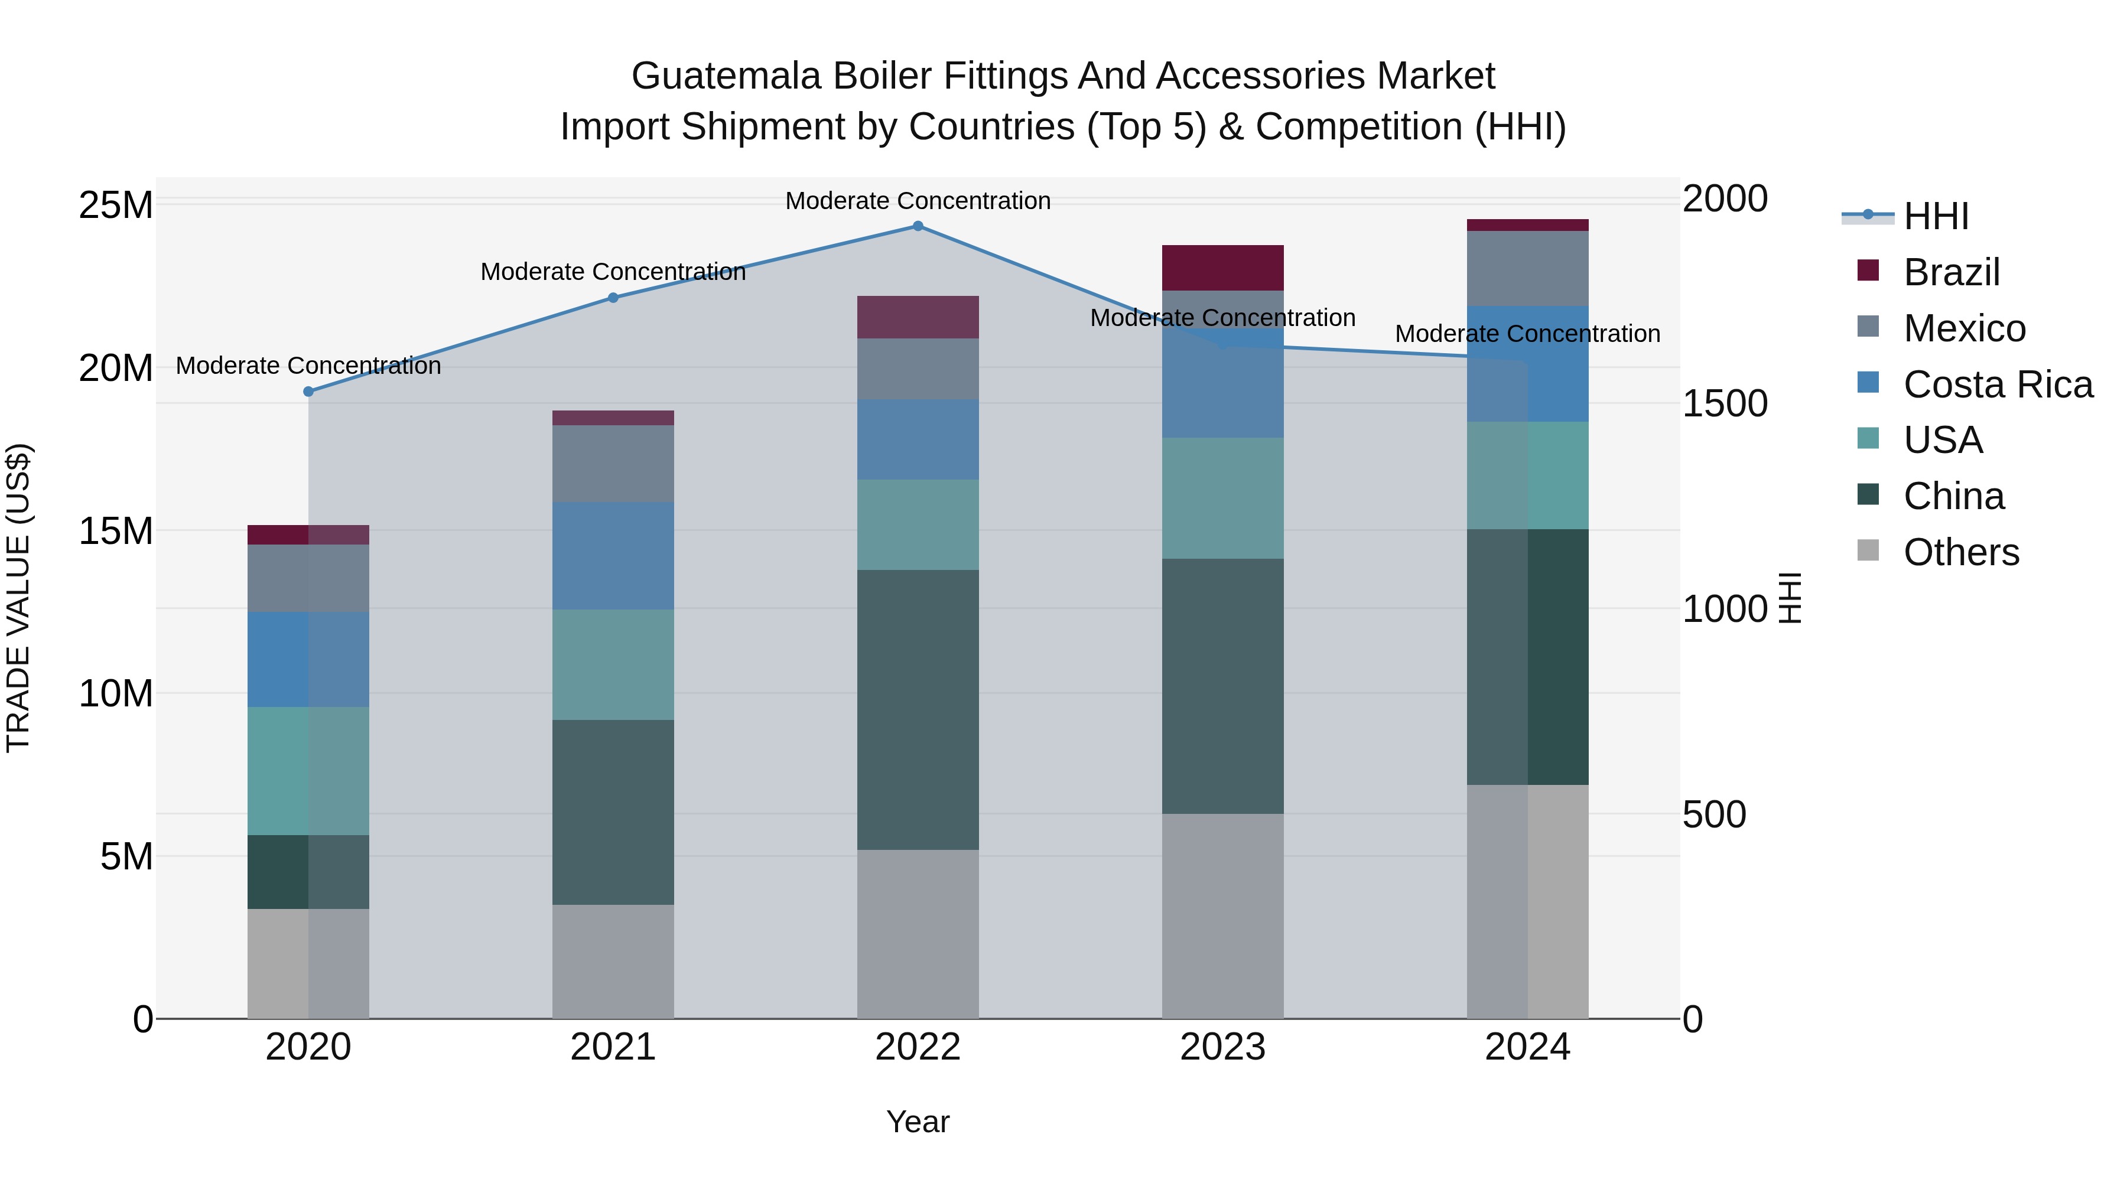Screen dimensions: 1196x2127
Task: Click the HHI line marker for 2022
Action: point(918,226)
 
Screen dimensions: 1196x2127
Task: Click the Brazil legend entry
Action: point(1950,272)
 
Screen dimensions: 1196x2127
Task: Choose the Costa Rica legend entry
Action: point(1996,384)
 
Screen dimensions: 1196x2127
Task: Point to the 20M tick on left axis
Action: point(116,367)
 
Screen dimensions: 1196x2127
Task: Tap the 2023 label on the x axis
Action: point(1222,1047)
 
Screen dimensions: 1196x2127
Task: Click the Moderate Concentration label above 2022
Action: point(918,201)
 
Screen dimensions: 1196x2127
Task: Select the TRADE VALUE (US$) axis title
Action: point(18,598)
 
